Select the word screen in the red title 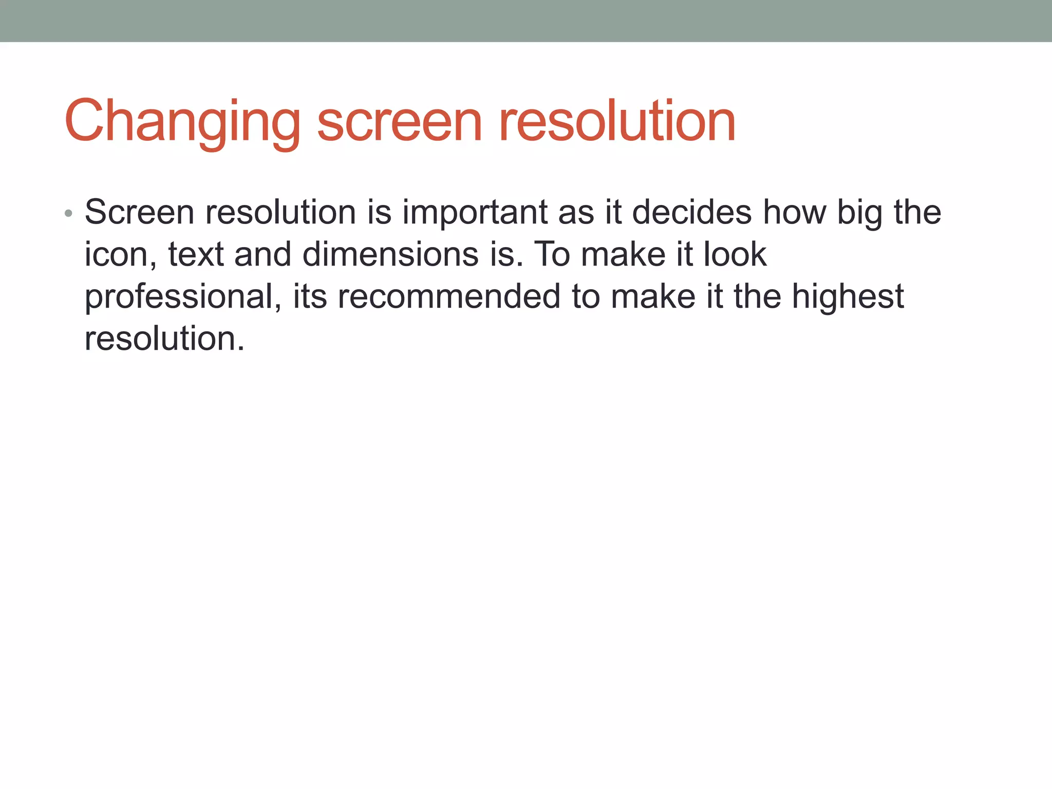point(400,122)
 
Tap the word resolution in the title point(617,122)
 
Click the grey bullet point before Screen point(68,213)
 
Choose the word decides point(691,212)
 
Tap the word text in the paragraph point(196,255)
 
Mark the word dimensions point(390,255)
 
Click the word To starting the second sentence point(552,255)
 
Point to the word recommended point(448,297)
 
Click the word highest point(848,297)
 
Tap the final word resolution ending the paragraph point(164,339)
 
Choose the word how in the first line point(794,212)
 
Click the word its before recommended point(310,297)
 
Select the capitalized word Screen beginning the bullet point(139,212)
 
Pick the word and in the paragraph point(262,255)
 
